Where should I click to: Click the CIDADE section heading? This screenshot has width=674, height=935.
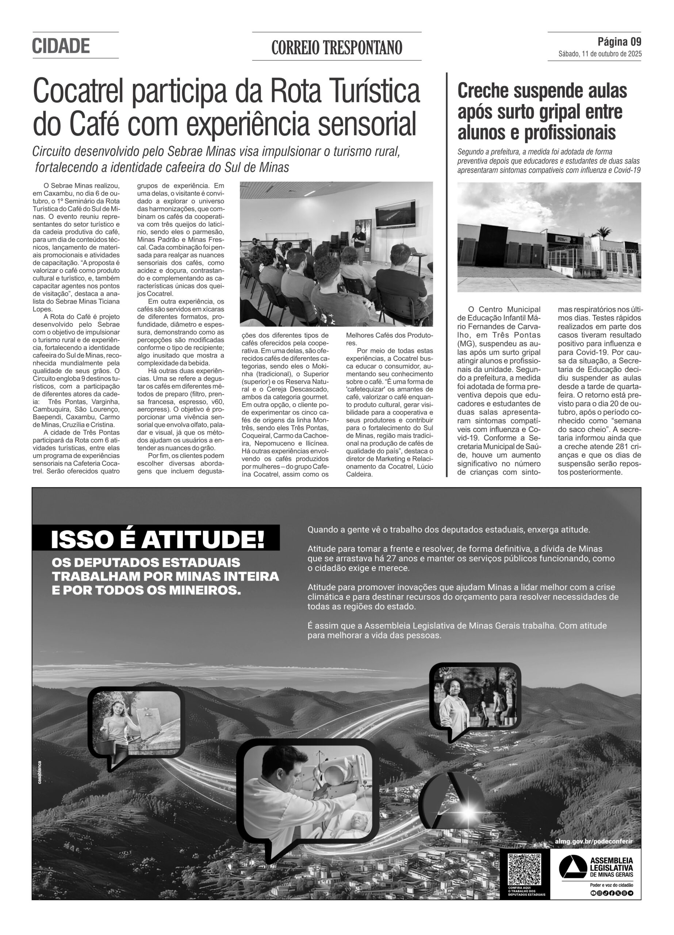pos(61,46)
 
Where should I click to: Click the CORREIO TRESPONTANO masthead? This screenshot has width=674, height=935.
pos(336,48)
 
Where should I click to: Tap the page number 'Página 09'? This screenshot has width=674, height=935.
pos(619,42)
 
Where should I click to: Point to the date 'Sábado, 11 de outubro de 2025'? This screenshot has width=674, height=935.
pos(600,54)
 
